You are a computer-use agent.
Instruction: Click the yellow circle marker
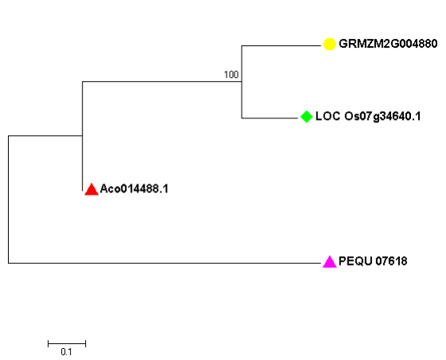pyautogui.click(x=329, y=44)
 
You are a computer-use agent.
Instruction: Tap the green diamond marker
pyautogui.click(x=306, y=117)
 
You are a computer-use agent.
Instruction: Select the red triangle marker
pyautogui.click(x=91, y=189)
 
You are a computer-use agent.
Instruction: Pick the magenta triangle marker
pyautogui.click(x=330, y=262)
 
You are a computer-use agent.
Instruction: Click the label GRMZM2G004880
pyautogui.click(x=388, y=44)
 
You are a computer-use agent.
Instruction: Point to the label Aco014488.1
pyautogui.click(x=134, y=189)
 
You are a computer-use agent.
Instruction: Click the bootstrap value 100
pyautogui.click(x=231, y=75)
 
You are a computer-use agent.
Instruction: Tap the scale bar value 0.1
pyautogui.click(x=66, y=352)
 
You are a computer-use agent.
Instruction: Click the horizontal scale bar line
pyautogui.click(x=67, y=344)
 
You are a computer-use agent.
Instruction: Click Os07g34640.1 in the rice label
pyautogui.click(x=382, y=117)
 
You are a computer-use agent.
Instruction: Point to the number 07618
pyautogui.click(x=391, y=261)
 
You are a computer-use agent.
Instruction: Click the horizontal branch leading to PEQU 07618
pyautogui.click(x=165, y=263)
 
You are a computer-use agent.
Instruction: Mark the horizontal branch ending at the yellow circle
pyautogui.click(x=281, y=45)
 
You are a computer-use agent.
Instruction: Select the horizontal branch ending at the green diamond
pyautogui.click(x=270, y=118)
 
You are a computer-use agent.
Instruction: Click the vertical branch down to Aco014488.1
pyautogui.click(x=82, y=163)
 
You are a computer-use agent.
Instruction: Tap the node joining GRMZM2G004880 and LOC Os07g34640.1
pyautogui.click(x=242, y=82)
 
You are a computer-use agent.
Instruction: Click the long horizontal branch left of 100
pyautogui.click(x=162, y=82)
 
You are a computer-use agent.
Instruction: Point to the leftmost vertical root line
pyautogui.click(x=8, y=199)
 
